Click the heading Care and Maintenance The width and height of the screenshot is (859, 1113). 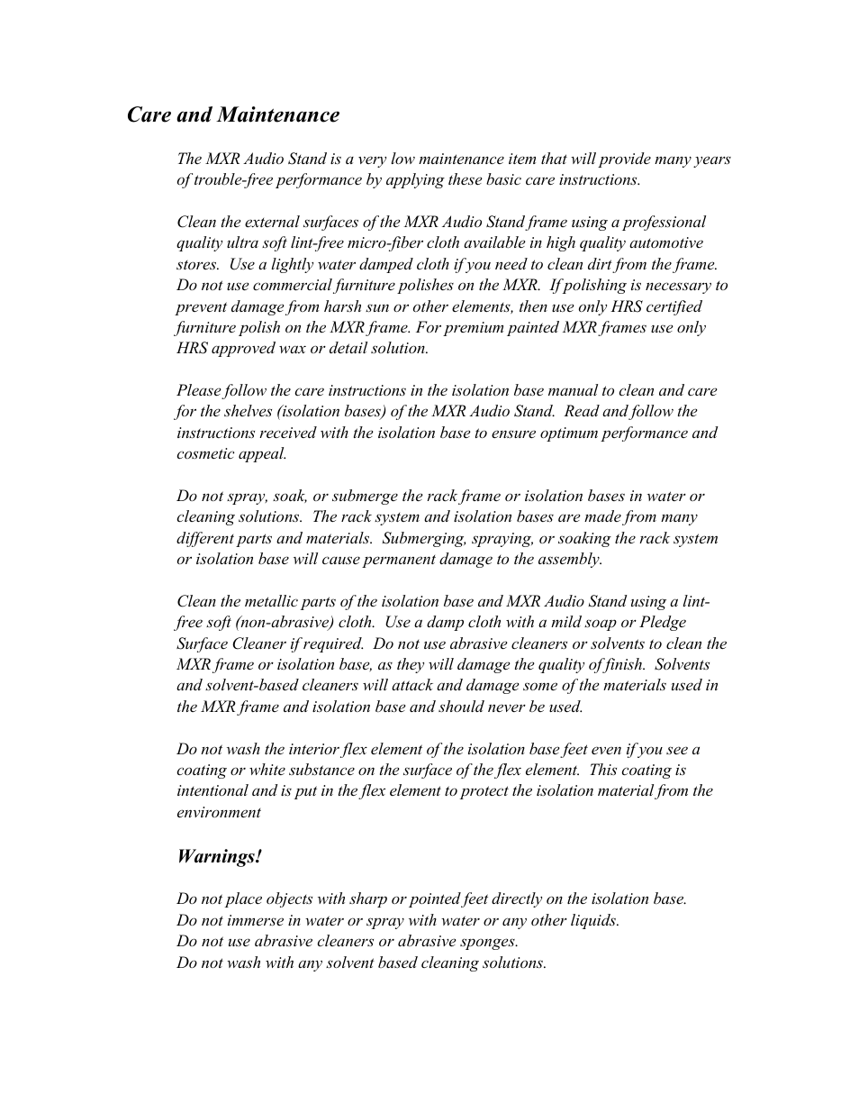click(233, 115)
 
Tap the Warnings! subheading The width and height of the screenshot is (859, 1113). click(219, 856)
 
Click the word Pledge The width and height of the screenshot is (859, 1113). click(665, 623)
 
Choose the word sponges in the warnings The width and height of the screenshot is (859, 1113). click(489, 942)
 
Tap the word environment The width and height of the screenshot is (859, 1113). click(219, 813)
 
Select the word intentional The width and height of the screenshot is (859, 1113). click(212, 791)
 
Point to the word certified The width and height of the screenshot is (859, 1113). click(672, 306)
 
